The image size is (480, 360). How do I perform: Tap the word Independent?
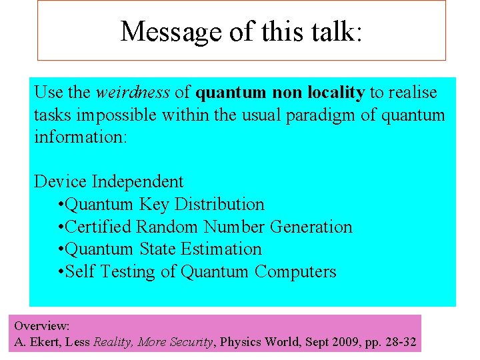coord(138,181)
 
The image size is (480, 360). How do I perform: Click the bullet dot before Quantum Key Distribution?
coord(61,205)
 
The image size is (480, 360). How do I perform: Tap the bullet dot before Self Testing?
coord(61,273)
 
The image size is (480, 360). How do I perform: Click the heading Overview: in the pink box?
coord(42,326)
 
